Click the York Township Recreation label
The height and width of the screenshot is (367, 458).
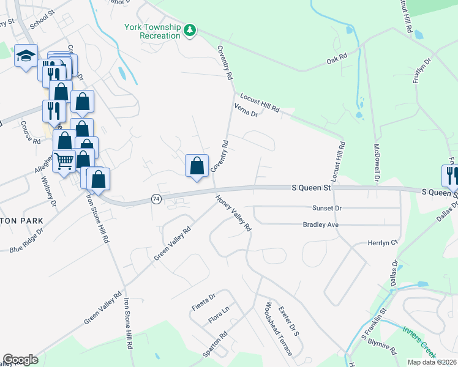[x=152, y=31]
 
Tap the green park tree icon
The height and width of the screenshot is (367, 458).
[x=190, y=29]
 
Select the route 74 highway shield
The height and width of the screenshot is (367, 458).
[x=156, y=199]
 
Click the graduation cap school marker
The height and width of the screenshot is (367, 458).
[x=26, y=56]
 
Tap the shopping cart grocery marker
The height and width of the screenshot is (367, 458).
[x=64, y=161]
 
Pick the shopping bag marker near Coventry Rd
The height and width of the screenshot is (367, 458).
[x=197, y=166]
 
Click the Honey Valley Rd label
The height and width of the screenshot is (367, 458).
[x=233, y=213]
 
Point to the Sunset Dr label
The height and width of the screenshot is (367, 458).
[x=326, y=209]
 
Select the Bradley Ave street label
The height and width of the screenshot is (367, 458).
[x=321, y=225]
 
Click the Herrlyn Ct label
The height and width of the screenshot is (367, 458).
[x=383, y=243]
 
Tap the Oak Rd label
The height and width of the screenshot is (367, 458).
[x=337, y=59]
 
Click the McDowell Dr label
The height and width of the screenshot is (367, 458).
[x=377, y=163]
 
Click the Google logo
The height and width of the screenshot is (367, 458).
[x=20, y=360]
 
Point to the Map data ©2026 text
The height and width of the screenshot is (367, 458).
[x=431, y=362]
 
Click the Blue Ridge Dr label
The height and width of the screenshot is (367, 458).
[x=26, y=241]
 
